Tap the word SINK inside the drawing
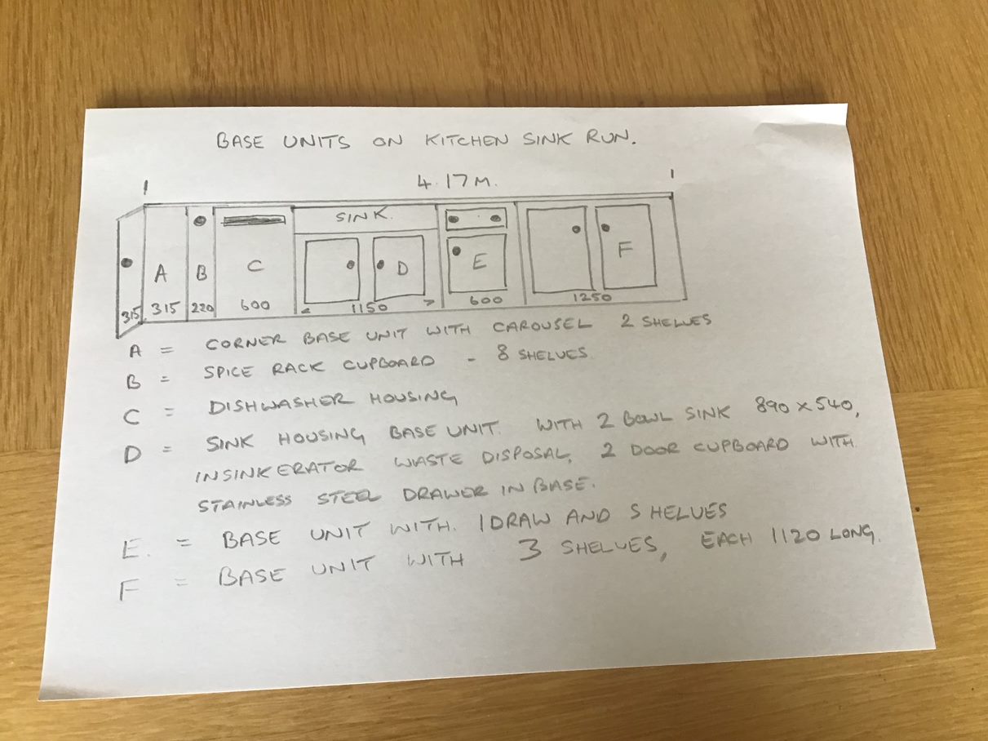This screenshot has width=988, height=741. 363,217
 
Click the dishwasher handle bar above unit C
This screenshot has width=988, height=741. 255,220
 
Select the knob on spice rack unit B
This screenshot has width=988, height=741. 201,221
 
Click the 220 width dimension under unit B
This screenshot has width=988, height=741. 202,308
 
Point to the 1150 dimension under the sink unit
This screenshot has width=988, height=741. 369,308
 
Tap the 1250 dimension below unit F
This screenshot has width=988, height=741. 591,297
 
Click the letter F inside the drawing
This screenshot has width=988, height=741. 625,249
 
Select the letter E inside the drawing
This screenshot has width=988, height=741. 479,260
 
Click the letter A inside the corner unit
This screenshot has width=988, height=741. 161,273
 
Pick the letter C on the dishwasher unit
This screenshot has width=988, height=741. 255,266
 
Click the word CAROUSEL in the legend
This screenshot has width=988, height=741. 542,326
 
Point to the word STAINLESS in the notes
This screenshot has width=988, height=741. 245,503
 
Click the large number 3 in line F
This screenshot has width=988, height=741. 529,550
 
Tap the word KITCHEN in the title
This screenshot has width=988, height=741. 467,140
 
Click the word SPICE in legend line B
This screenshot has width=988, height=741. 228,372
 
